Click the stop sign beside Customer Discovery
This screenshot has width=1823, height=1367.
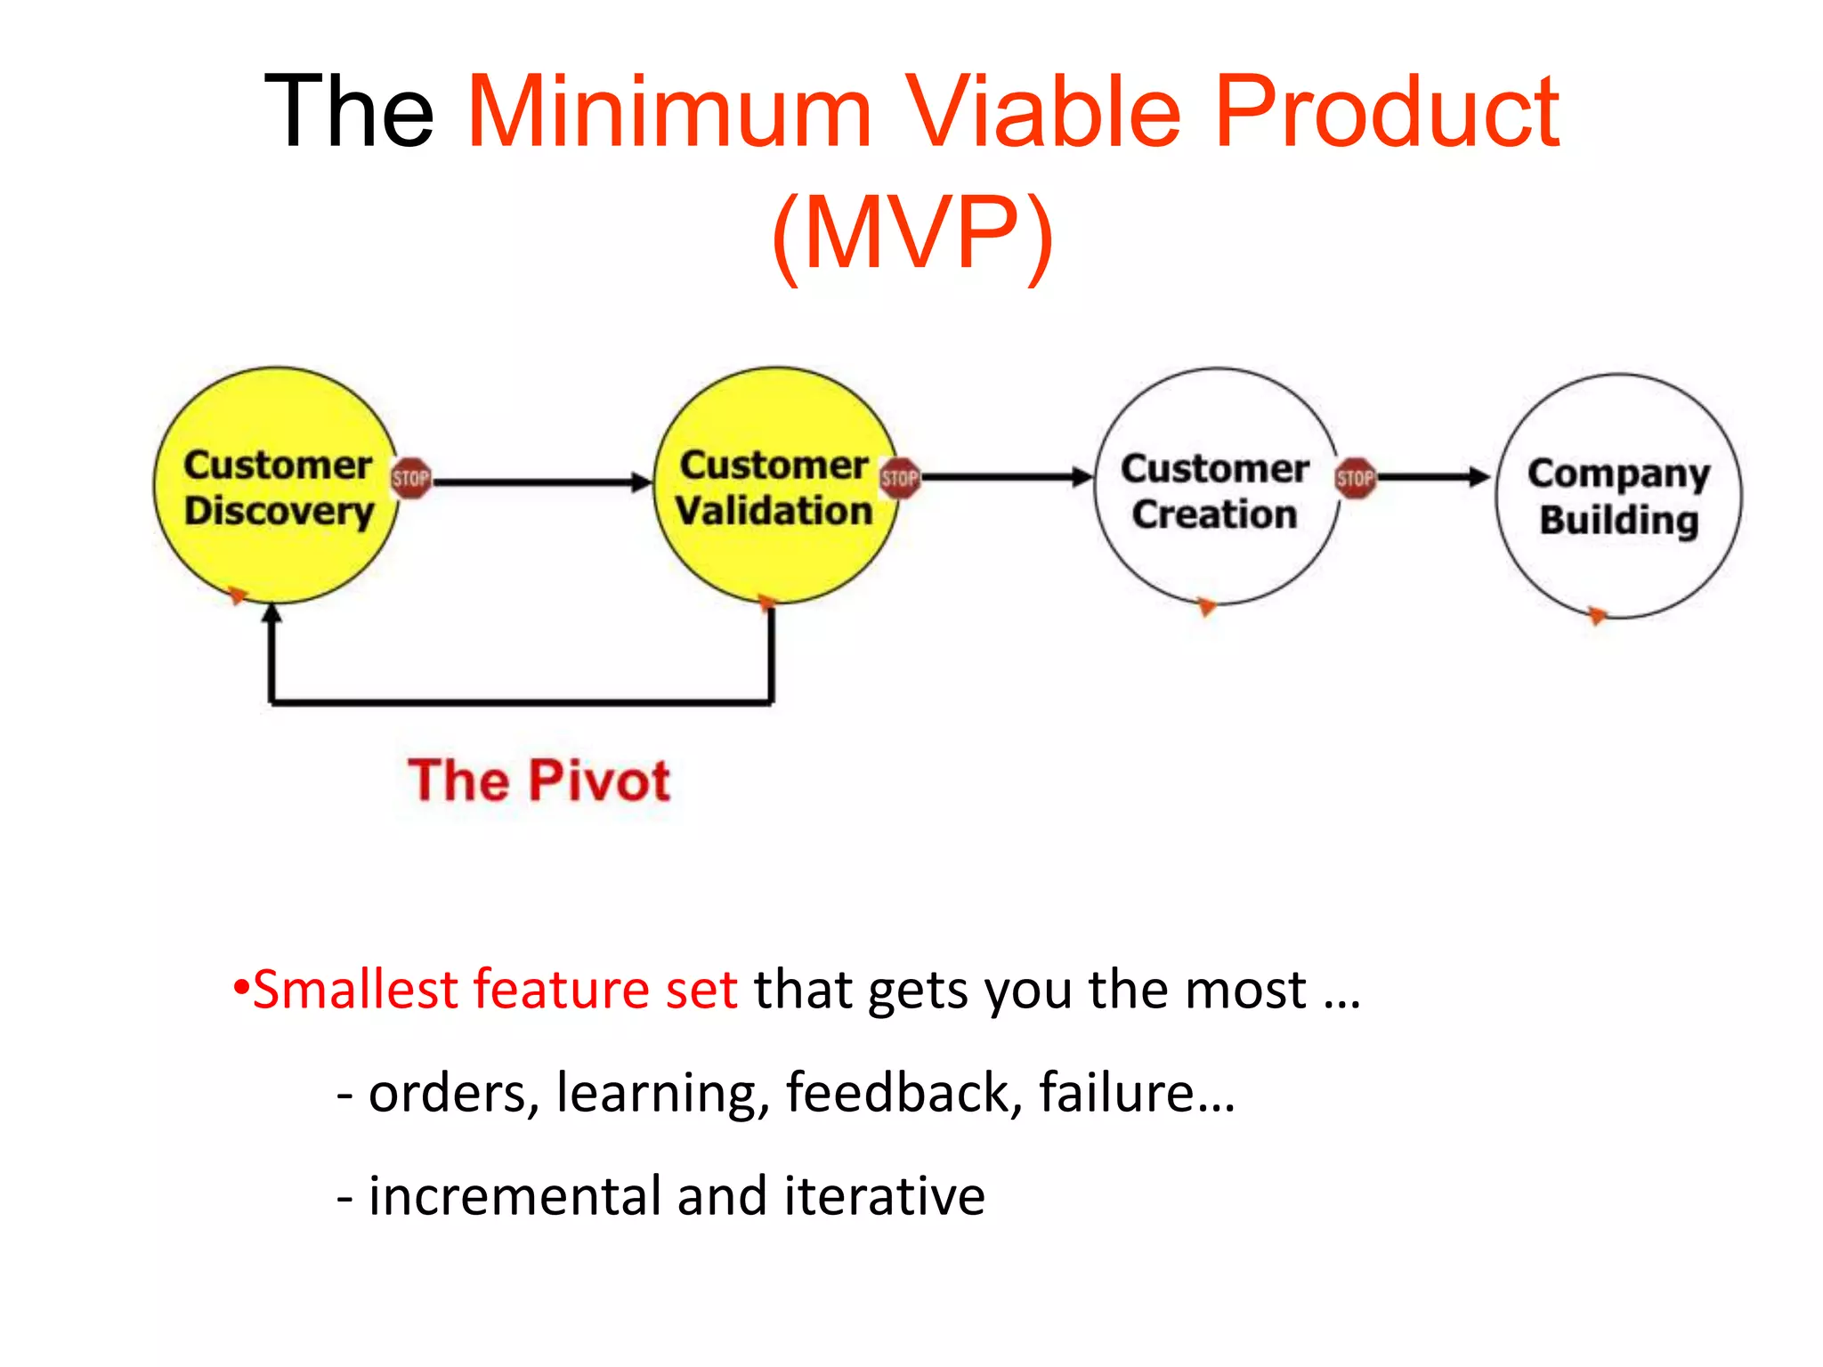[410, 478]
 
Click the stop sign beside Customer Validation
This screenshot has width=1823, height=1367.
[899, 478]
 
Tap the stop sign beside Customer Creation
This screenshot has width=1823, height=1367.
[1355, 478]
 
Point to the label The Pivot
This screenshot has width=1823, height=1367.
[539, 781]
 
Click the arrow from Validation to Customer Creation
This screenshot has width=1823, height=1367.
[1006, 478]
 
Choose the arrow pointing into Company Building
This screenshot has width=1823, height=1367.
[1433, 478]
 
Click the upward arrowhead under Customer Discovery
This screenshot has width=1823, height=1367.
[272, 614]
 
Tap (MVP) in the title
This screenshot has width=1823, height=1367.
[912, 233]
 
